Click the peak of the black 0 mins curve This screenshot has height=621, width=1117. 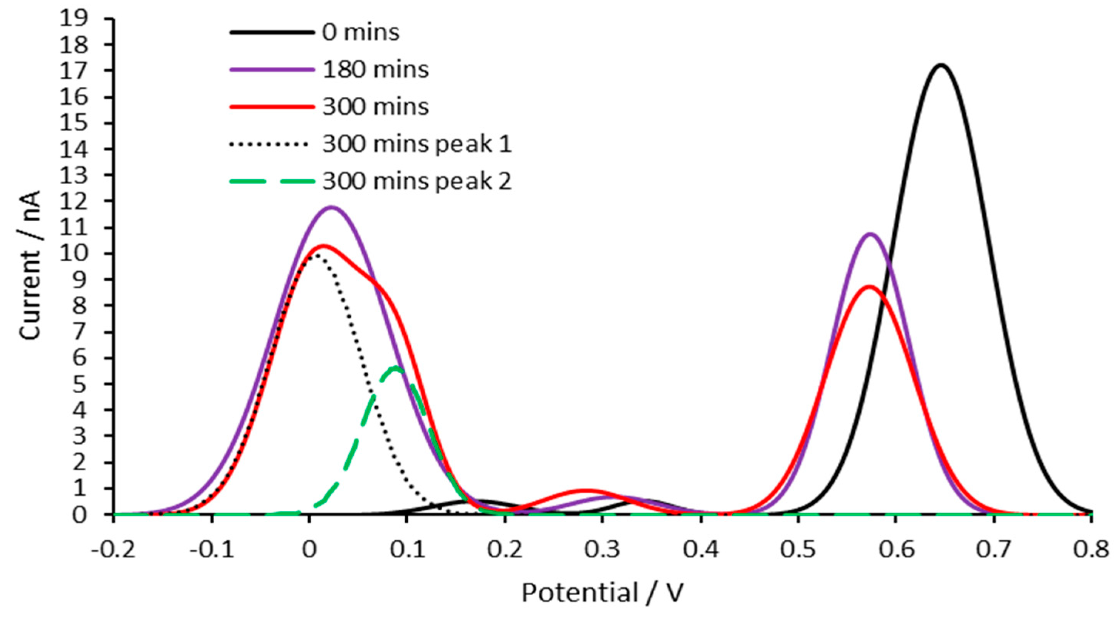click(x=941, y=65)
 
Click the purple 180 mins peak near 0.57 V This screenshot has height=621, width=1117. click(x=869, y=234)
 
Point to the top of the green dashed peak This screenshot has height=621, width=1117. click(x=395, y=367)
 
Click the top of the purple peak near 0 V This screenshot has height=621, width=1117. click(x=332, y=207)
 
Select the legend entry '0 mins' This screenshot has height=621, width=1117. click(x=360, y=32)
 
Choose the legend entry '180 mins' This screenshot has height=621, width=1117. click(x=375, y=70)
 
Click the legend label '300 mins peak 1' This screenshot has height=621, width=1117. click(x=417, y=144)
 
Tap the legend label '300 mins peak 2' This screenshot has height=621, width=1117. click(x=417, y=181)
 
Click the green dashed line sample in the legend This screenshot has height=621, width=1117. click(x=271, y=181)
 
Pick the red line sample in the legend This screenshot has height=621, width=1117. click(x=271, y=107)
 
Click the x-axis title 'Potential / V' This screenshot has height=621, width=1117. click(x=603, y=592)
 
